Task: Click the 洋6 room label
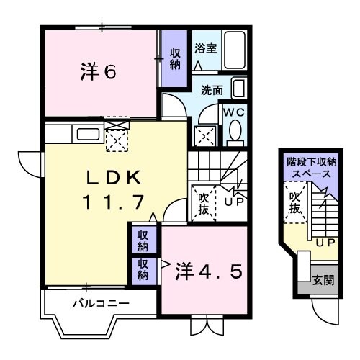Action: tap(97, 72)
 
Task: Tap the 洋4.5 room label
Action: tap(212, 271)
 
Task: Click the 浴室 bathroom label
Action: tap(205, 48)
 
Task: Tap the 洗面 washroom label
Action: tap(212, 91)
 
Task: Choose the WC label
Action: tap(235, 112)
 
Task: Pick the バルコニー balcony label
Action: tap(100, 303)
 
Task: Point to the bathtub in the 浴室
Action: tap(234, 49)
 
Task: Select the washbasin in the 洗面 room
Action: tap(238, 89)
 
